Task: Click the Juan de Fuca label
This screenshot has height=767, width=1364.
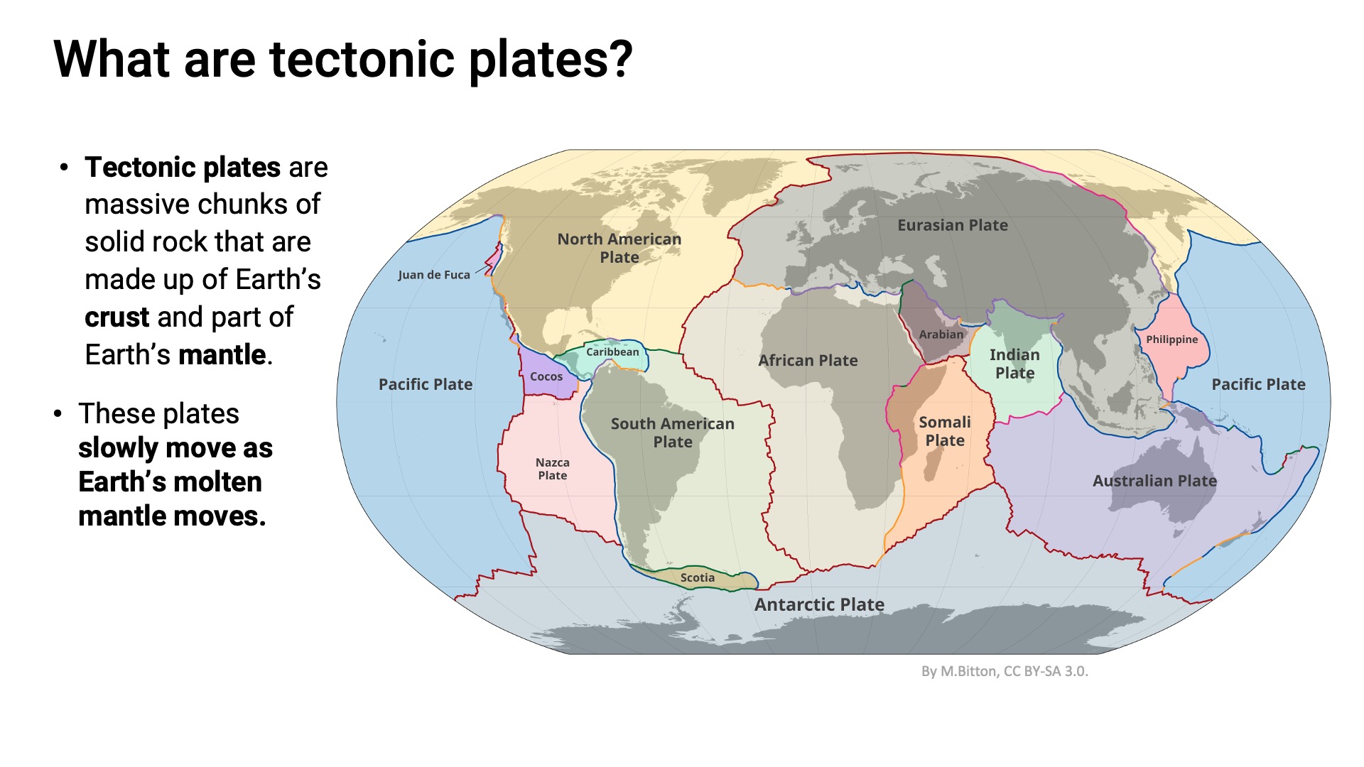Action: [x=433, y=275]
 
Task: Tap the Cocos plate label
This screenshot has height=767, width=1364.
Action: [x=546, y=376]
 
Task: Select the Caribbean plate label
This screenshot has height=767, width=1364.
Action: [x=612, y=352]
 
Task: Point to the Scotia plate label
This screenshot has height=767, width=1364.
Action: [x=697, y=577]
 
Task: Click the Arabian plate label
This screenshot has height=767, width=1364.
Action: [x=941, y=334]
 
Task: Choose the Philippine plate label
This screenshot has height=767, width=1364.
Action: [x=1171, y=339]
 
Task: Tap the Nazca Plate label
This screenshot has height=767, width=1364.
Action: [x=552, y=469]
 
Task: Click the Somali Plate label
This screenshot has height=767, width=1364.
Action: [x=944, y=431]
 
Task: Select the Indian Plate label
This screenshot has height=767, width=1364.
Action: [x=1014, y=364]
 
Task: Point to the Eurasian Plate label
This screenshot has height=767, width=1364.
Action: [x=952, y=225]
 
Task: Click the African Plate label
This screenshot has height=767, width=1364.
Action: [x=808, y=360]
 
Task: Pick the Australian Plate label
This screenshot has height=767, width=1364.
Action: [x=1154, y=481]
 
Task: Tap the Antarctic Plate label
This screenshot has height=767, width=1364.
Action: [x=819, y=604]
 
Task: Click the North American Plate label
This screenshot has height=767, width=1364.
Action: [x=619, y=248]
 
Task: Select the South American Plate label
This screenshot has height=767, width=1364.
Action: [x=672, y=433]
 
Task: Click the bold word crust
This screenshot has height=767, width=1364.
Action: [x=117, y=317]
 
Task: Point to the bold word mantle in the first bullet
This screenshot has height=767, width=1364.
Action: [x=222, y=354]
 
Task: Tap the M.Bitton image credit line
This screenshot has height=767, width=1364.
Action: [x=1004, y=671]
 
